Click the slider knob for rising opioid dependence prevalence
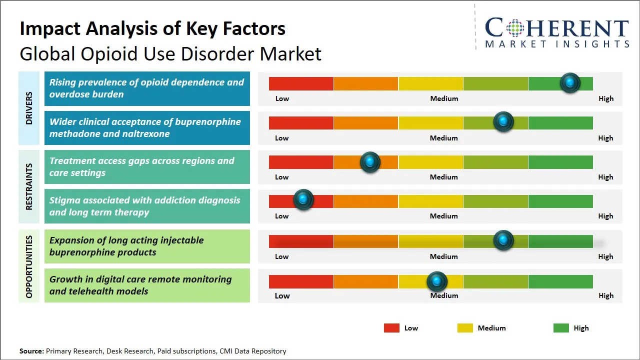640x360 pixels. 569,83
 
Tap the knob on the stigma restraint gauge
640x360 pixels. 303,200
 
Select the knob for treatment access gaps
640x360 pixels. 370,162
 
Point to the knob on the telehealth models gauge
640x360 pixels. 437,281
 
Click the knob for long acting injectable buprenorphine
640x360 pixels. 503,240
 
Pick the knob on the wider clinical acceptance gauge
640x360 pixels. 503,122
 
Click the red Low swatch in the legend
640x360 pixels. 391,328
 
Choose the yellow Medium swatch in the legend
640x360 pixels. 465,328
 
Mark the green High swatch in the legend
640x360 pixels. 561,328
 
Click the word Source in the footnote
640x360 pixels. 31,351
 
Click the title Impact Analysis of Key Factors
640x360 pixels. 152,28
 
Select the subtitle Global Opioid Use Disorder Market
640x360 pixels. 170,53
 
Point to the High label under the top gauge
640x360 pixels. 605,98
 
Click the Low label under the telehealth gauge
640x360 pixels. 282,295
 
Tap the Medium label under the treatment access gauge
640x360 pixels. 443,177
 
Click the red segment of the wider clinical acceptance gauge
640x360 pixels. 301,122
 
